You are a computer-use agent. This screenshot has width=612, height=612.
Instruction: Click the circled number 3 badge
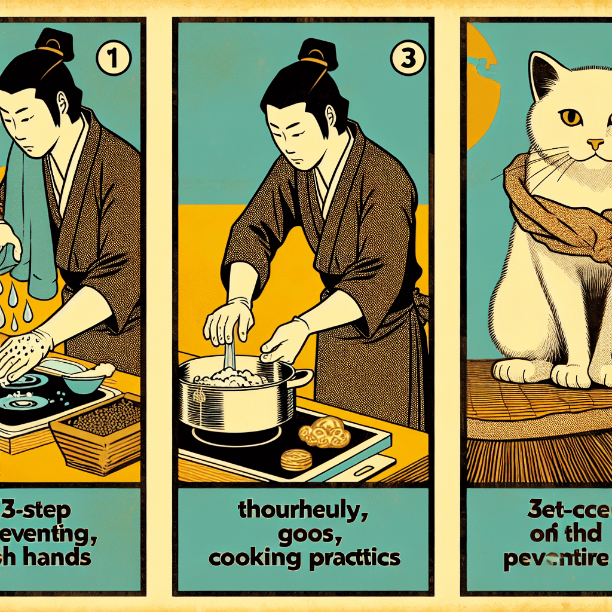point(406,60)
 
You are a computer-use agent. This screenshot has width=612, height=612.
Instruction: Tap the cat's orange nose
point(594,144)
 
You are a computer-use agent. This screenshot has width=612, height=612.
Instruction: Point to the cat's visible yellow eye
point(571,117)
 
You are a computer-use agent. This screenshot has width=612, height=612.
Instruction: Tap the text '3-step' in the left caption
point(36,512)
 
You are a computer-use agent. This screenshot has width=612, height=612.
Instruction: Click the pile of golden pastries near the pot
point(325,432)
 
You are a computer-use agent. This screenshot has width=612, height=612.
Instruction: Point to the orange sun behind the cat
point(481,90)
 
